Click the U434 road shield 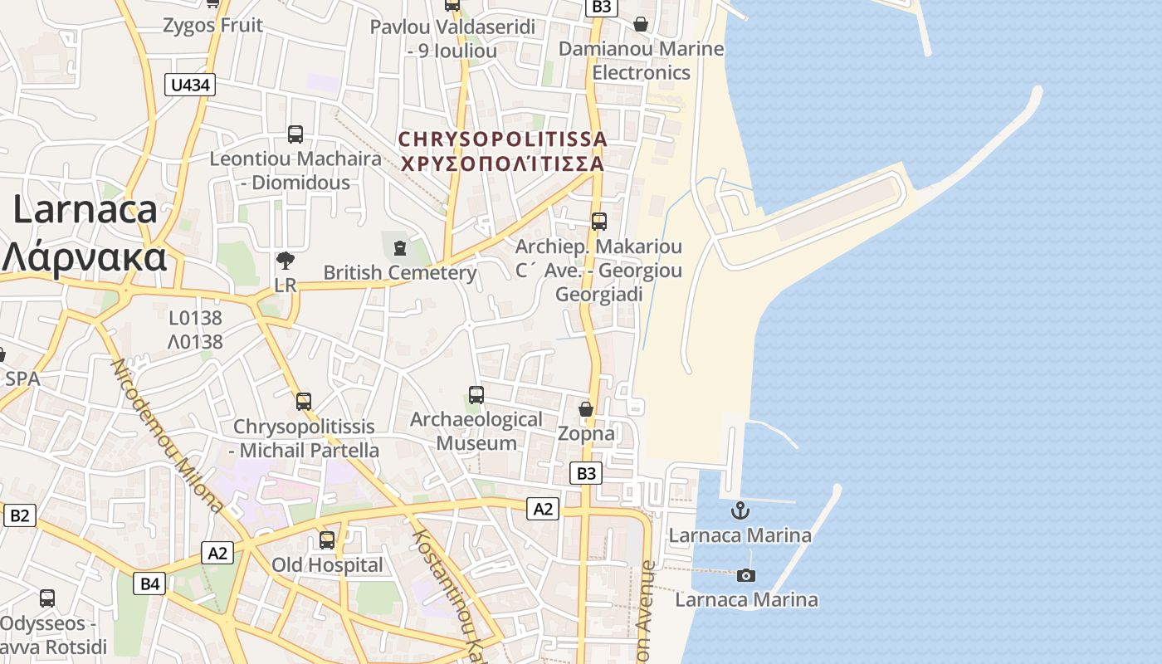pos(190,84)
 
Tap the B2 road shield pos(19,515)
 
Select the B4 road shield pos(149,583)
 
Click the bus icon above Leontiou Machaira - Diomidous pos(295,134)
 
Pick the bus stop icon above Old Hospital pos(327,540)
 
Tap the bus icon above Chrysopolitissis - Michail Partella pos(304,402)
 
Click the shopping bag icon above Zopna pos(586,409)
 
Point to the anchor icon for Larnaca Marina pos(740,510)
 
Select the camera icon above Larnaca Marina pos(746,575)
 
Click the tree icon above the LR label pos(285,261)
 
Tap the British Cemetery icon pos(400,247)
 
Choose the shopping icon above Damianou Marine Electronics pos(641,24)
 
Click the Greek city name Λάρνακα pos(84,257)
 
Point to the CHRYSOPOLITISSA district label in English pos(502,139)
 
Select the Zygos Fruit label pos(213,25)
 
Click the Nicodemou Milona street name pos(167,435)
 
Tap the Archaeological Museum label pos(476,431)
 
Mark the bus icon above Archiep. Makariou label pos(599,222)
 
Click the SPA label pos(22,378)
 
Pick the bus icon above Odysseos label pos(47,598)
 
